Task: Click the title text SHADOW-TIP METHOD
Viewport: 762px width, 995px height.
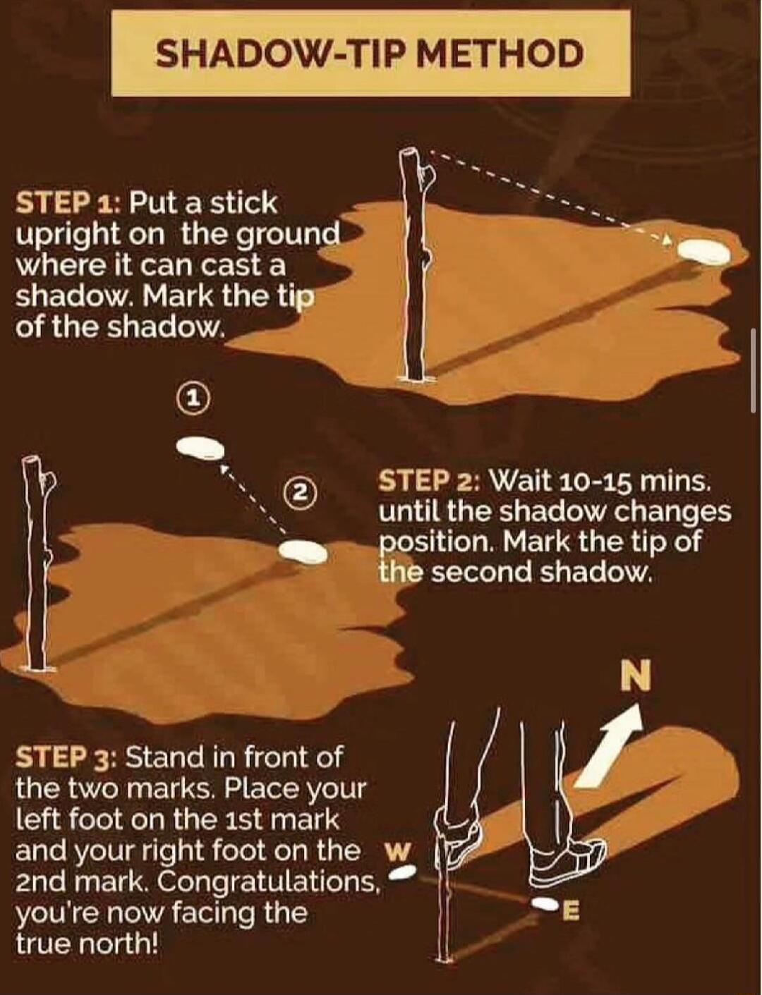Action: tap(370, 54)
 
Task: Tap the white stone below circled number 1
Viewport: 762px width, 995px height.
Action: tap(200, 447)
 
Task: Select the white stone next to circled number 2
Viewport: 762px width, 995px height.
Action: tap(302, 551)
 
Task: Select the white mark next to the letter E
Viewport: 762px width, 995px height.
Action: tap(544, 903)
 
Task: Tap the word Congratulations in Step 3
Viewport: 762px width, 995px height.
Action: tap(268, 881)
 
